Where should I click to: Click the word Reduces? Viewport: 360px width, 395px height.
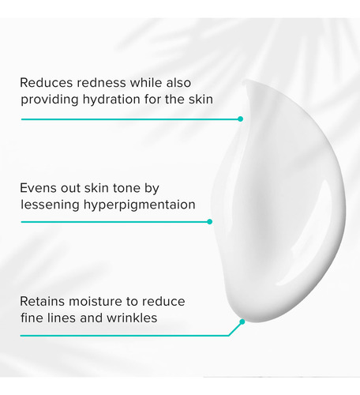[x=47, y=83]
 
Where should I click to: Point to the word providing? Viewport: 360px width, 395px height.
[x=50, y=100]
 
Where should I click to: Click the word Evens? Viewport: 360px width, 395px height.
[x=39, y=188]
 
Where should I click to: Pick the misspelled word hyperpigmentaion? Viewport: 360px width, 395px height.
[x=140, y=205]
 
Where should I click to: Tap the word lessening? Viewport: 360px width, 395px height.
[x=50, y=205]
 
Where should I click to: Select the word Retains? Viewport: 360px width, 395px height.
[x=43, y=301]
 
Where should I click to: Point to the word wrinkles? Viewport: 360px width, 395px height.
[x=132, y=318]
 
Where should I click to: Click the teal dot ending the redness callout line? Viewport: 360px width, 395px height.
[x=240, y=119]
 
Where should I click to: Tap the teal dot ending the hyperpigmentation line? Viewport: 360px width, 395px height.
[x=209, y=222]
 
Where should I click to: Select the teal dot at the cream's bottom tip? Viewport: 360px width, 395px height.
[x=242, y=322]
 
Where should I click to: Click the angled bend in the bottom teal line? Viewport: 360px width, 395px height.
[x=229, y=336]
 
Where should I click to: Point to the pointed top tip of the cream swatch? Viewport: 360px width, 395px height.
[x=244, y=81]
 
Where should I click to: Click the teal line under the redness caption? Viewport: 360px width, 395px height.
[x=131, y=119]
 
